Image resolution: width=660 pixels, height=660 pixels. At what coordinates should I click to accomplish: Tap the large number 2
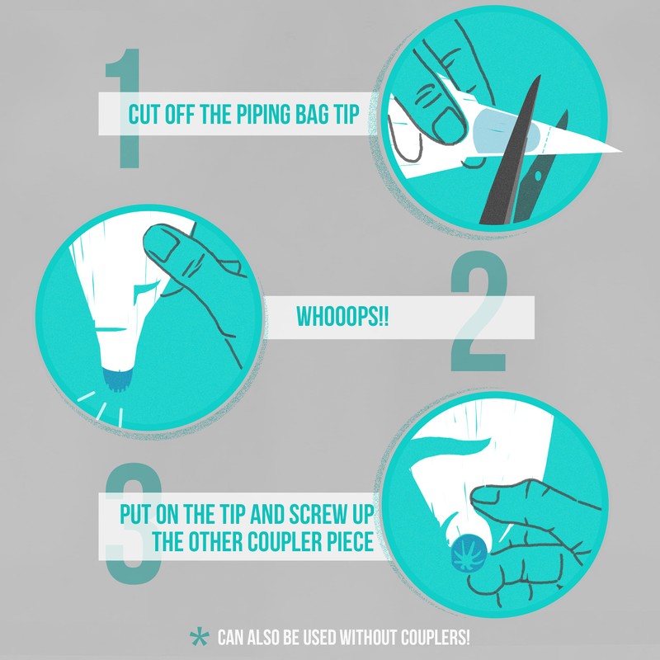click(478, 311)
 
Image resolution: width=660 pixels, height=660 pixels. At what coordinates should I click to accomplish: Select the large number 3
click(134, 523)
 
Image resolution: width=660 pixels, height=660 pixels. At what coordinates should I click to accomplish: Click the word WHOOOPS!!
click(342, 317)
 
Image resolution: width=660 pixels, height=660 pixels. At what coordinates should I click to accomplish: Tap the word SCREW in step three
click(318, 513)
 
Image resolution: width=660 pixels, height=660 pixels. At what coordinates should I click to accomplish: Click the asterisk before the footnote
click(199, 637)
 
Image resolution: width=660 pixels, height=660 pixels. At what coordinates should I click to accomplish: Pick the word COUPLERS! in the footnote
click(436, 637)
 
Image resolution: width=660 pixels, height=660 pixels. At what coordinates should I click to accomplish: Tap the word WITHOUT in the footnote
click(368, 637)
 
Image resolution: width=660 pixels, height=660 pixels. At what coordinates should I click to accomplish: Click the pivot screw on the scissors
click(538, 175)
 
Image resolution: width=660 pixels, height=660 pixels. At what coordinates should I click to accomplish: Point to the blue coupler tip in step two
click(119, 379)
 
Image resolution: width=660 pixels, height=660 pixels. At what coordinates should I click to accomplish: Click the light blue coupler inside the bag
click(506, 131)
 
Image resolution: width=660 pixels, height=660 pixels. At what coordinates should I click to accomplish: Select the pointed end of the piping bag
click(621, 150)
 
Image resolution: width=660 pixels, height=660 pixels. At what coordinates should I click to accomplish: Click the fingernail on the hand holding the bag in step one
click(449, 125)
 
